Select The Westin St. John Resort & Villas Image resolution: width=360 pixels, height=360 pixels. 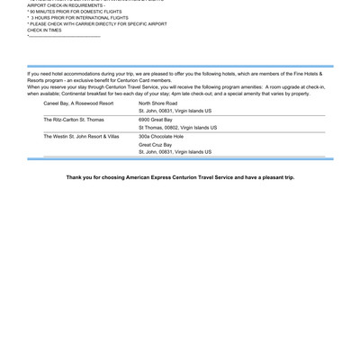[81, 136]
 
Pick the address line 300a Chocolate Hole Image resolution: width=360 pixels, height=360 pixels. [161, 136]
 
